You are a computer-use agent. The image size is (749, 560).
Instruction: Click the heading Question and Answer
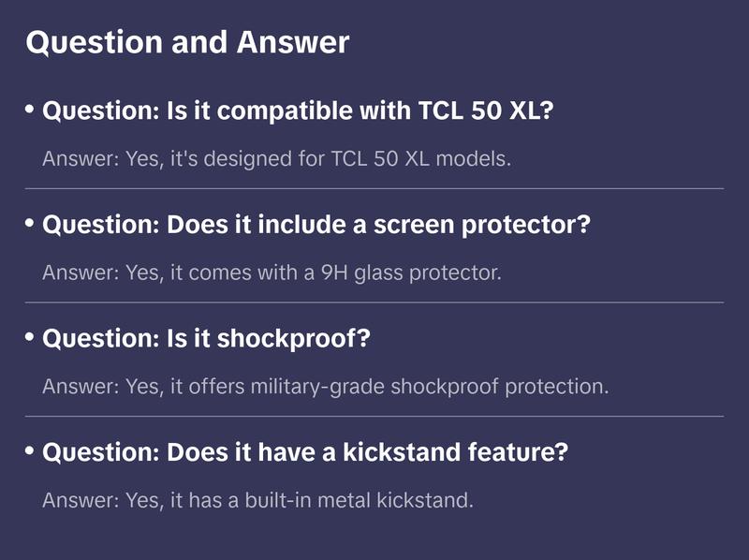[187, 42]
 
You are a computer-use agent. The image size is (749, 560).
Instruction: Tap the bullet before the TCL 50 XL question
[30, 110]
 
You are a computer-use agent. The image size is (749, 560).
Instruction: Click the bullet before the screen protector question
[30, 223]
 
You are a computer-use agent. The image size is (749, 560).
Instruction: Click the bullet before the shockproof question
[30, 337]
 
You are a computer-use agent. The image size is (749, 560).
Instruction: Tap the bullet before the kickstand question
[30, 450]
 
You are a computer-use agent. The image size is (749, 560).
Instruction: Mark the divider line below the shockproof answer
[374, 416]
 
